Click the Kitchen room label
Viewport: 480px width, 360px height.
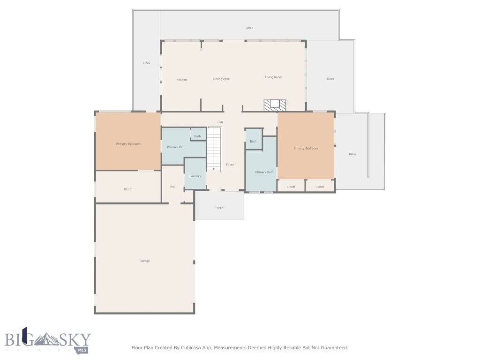click(181, 80)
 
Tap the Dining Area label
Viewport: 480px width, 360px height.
click(221, 79)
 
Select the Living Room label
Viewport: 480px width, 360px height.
click(273, 77)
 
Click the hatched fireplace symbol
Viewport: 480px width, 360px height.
click(275, 105)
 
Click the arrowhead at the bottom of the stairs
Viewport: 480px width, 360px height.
click(214, 169)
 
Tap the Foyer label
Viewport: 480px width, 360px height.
click(230, 165)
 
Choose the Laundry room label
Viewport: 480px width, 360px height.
click(195, 176)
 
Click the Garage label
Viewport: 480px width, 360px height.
click(144, 261)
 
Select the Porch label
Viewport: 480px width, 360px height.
click(219, 208)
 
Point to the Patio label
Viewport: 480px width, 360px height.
click(352, 154)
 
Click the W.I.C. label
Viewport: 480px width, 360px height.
click(128, 189)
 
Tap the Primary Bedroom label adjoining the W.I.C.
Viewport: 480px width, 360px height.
click(128, 143)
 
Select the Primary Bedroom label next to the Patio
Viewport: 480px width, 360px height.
click(306, 148)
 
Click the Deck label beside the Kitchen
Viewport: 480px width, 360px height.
click(147, 63)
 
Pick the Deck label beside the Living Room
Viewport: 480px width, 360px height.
click(330, 79)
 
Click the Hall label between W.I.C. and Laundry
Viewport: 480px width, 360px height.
click(172, 187)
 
